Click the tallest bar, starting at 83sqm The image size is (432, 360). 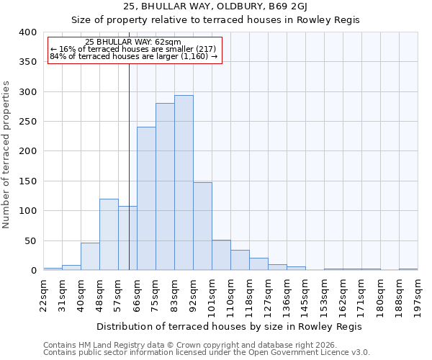(x=184, y=183)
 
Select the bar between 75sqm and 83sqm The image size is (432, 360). (x=165, y=186)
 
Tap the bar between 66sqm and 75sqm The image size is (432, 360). (x=146, y=199)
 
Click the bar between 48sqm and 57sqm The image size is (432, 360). (x=109, y=235)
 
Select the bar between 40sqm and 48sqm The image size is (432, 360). (x=90, y=256)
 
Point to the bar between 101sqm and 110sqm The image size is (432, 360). (x=221, y=255)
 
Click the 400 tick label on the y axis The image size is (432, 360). (x=27, y=32)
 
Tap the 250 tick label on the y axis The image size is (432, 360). (x=27, y=122)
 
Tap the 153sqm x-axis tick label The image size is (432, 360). (x=325, y=294)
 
